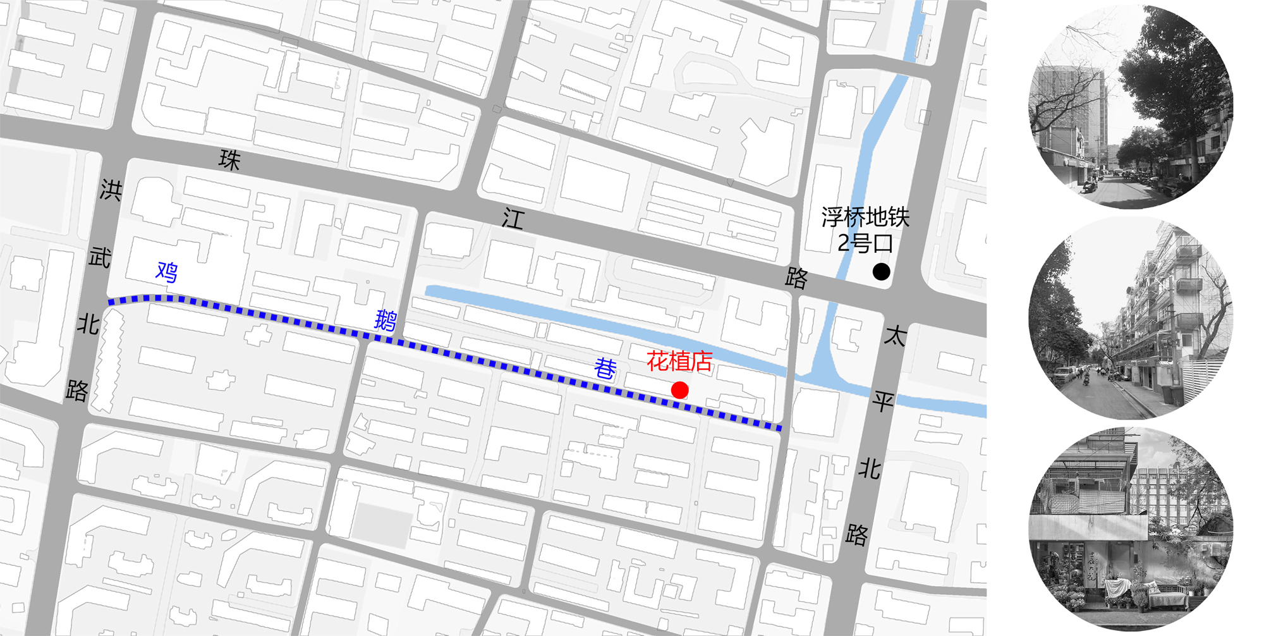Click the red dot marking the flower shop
coord(679,390)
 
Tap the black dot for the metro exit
coord(881,272)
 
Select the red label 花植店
coord(679,361)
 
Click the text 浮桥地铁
coord(865,217)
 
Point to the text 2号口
coord(865,243)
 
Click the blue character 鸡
coord(167,272)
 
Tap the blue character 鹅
coord(386,320)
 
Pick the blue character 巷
coord(605,368)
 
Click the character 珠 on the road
coord(229,160)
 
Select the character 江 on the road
coord(513,219)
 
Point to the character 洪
coord(111,190)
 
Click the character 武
coord(100,257)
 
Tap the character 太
coord(895,335)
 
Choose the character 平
coord(884,401)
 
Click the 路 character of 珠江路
coord(796,278)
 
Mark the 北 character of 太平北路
coord(870,468)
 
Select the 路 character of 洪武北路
coord(77,391)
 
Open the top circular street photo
coord(1131,107)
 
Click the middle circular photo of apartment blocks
coord(1131,318)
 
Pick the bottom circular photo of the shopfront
coord(1131,528)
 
